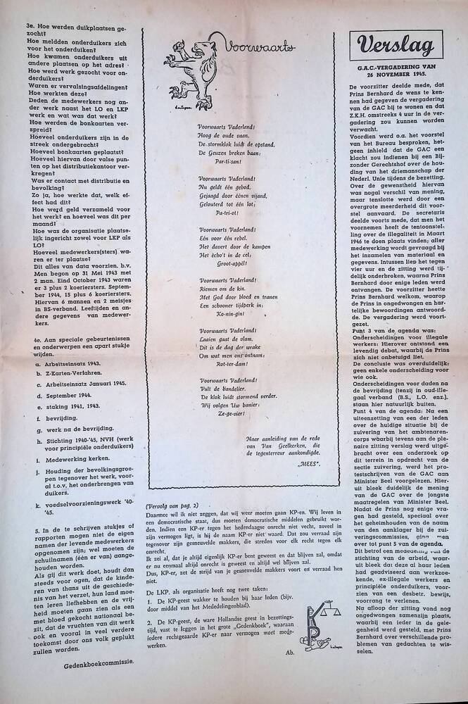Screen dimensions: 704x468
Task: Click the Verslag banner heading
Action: [x=396, y=46]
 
